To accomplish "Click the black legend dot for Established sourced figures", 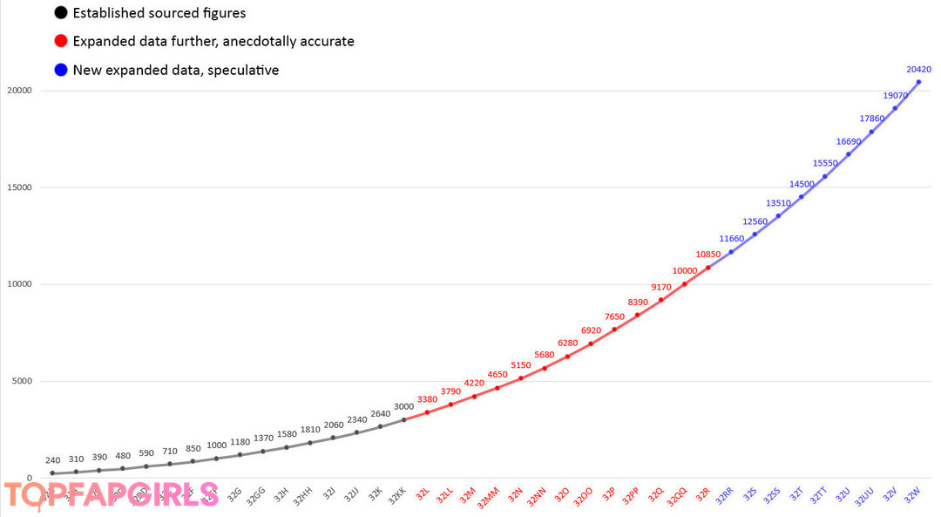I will [x=60, y=13].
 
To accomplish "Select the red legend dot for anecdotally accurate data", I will [x=60, y=41].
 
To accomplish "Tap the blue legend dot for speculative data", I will [x=60, y=70].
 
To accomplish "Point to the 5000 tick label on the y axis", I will [x=20, y=381].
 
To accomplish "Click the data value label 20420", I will [x=918, y=70].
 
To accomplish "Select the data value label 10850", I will [x=707, y=255].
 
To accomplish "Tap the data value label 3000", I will [x=403, y=406].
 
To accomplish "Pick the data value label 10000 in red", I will [x=684, y=271].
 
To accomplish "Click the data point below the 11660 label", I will [x=731, y=252].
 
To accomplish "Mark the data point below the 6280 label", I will [x=567, y=356].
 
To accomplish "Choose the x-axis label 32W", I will [x=912, y=495].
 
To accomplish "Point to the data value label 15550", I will [x=825, y=163].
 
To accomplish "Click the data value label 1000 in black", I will [x=216, y=446].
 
